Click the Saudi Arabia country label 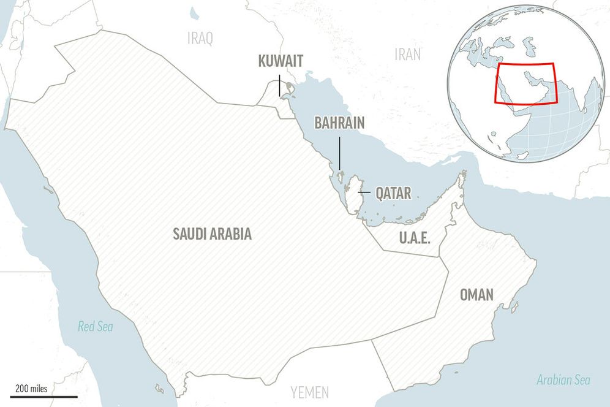[212, 234]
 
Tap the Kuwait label [281, 61]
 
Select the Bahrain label [339, 123]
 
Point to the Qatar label [393, 194]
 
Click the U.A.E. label [415, 237]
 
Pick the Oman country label [476, 295]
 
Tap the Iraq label [200, 39]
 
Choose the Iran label [407, 54]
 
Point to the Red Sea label [95, 327]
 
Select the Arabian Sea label [563, 380]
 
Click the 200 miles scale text [31, 389]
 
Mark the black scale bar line [43, 397]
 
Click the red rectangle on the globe [525, 64]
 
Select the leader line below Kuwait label [280, 85]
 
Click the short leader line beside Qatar [364, 193]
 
